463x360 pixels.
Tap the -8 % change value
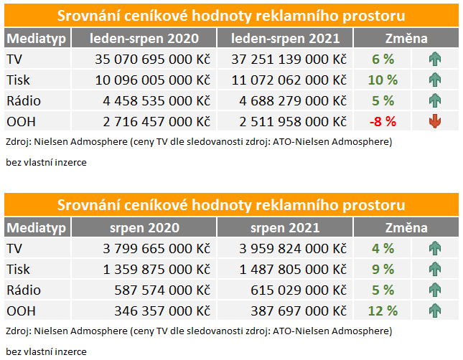[382, 121]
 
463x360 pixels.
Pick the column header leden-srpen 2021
[284, 39]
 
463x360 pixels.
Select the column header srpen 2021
[284, 228]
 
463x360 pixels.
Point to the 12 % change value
[382, 311]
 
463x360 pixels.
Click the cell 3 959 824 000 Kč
[291, 248]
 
